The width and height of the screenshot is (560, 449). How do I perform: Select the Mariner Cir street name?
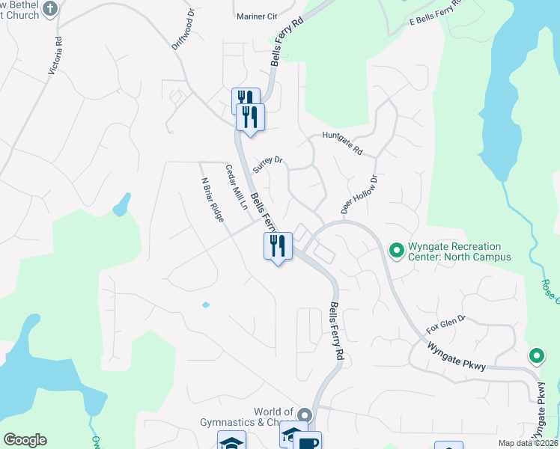[x=256, y=16]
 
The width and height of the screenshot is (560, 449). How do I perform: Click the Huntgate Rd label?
[x=342, y=143]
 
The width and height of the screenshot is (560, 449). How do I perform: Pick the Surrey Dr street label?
[x=269, y=164]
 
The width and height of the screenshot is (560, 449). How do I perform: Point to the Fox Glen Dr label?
[x=446, y=323]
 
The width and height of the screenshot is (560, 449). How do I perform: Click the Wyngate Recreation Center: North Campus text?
[x=459, y=252]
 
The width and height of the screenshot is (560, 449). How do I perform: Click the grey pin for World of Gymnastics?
[x=303, y=414]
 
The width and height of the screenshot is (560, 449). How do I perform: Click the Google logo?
[x=25, y=440]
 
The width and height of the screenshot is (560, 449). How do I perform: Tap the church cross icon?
[x=50, y=9]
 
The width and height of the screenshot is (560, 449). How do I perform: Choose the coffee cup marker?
[x=307, y=442]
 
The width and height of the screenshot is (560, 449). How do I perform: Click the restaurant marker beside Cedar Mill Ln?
[x=279, y=245]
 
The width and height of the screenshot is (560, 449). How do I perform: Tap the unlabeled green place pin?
[x=536, y=356]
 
